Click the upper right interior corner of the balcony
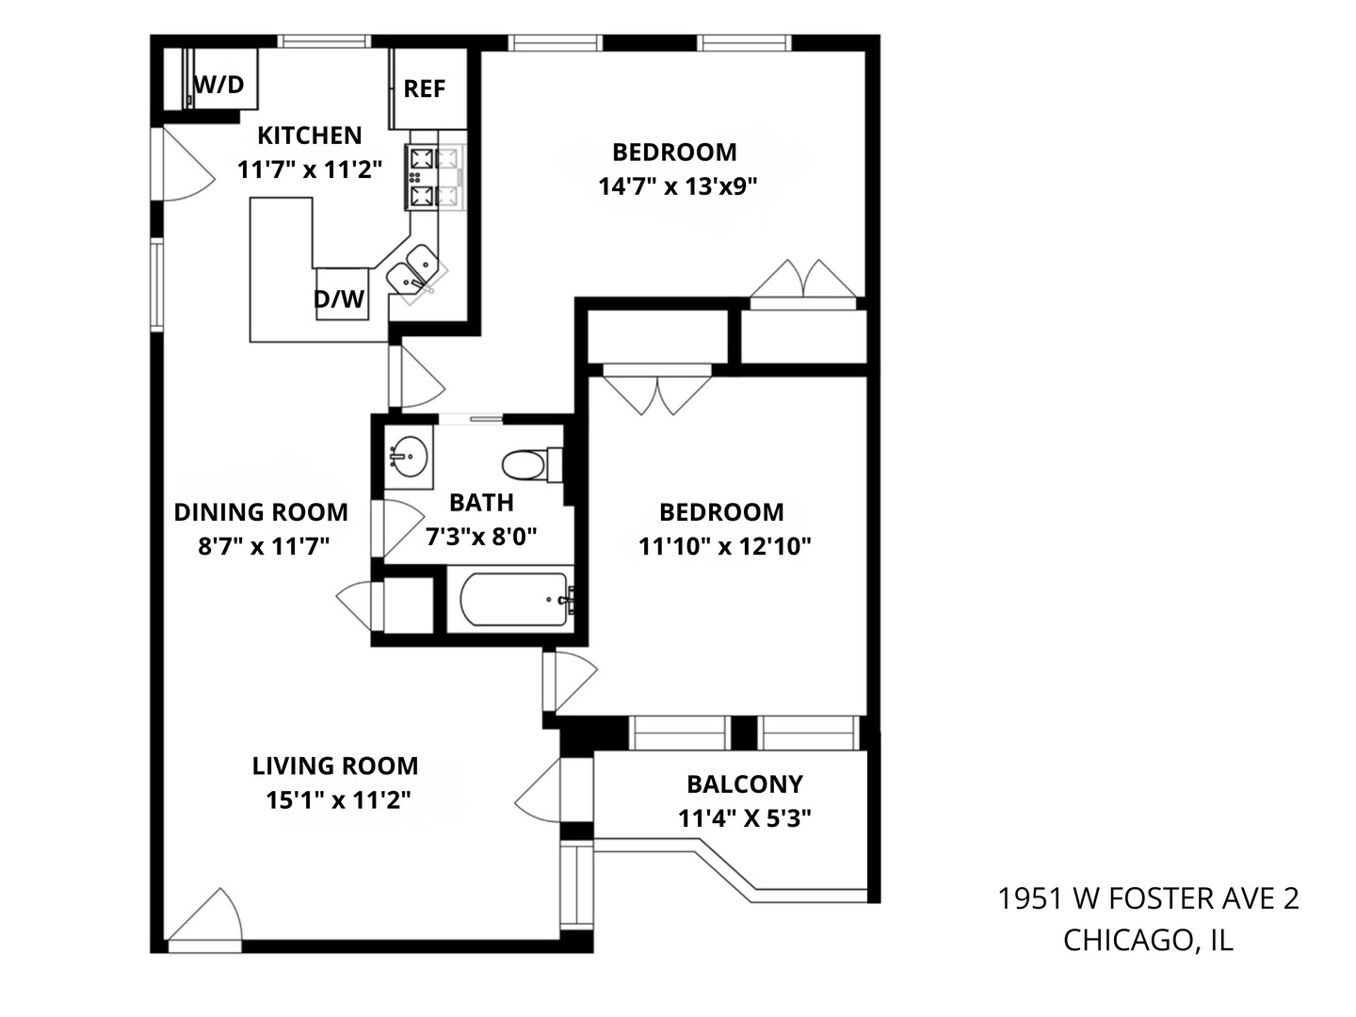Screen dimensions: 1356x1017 click(x=866, y=751)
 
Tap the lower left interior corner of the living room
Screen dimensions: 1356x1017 click(x=164, y=940)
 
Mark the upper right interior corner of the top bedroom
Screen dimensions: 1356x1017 click(x=864, y=51)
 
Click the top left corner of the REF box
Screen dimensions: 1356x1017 click(x=394, y=49)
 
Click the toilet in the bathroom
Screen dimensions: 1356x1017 click(x=531, y=464)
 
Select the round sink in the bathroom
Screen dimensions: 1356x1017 click(x=409, y=457)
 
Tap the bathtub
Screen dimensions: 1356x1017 click(x=514, y=600)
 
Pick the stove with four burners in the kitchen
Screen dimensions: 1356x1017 click(x=435, y=177)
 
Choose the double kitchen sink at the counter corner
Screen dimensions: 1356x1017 click(x=415, y=273)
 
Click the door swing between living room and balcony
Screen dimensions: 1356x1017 click(x=538, y=790)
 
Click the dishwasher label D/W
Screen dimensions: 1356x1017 click(x=339, y=299)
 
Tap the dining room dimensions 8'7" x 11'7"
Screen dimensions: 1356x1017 click(x=263, y=546)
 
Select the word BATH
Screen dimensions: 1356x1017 click(x=481, y=503)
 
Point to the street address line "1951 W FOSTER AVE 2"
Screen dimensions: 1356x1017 click(x=1149, y=898)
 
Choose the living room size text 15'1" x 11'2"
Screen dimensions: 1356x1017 click(x=339, y=800)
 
